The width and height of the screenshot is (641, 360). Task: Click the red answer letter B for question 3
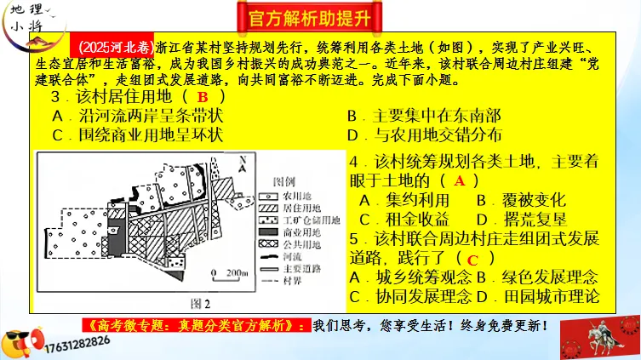tap(203, 99)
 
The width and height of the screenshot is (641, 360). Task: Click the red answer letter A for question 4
tap(460, 180)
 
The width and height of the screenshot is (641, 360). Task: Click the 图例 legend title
tap(284, 182)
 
